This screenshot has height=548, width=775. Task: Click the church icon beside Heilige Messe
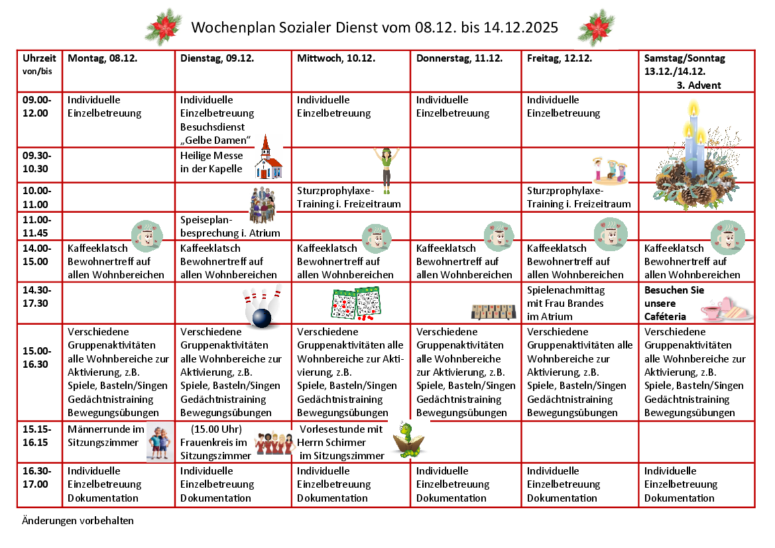268,158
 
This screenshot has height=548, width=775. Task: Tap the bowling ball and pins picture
261,307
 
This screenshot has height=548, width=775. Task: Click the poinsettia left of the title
164,27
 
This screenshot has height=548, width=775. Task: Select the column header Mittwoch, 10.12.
336,58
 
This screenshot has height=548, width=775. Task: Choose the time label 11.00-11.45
36,225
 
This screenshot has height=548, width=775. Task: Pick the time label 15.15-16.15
36,435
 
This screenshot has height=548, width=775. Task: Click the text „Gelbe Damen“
215,140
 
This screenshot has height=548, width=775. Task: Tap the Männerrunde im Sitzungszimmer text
105,435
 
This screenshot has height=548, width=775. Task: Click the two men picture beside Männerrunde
160,442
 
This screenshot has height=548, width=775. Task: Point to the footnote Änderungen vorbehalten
77,520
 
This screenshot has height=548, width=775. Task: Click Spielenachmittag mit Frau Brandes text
566,303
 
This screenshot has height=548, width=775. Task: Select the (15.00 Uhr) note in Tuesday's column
216,428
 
